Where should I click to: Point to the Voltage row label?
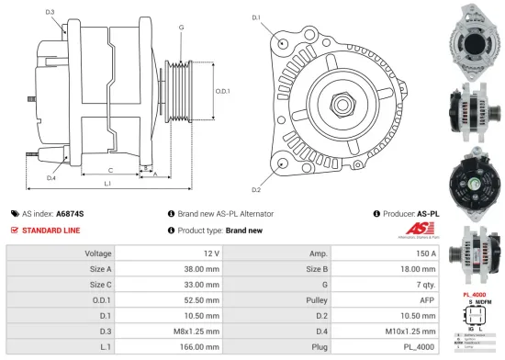click(98, 253)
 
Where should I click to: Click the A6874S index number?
click(70, 213)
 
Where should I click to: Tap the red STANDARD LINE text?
click(52, 231)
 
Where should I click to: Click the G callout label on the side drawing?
click(182, 28)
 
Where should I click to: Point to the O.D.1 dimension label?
click(222, 91)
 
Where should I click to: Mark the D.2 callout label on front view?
click(256, 189)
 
